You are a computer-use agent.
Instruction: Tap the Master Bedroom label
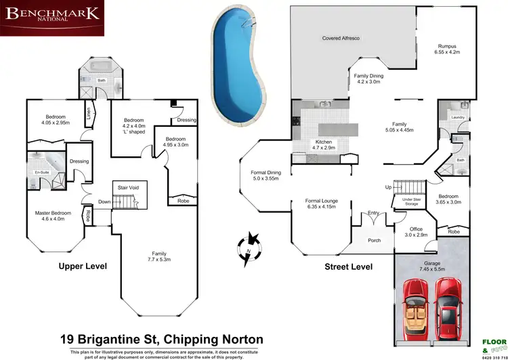coord(53,216)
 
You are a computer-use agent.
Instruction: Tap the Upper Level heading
coord(83,266)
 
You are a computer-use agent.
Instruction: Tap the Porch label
coord(373,241)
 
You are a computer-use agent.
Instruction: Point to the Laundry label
coord(457,118)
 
